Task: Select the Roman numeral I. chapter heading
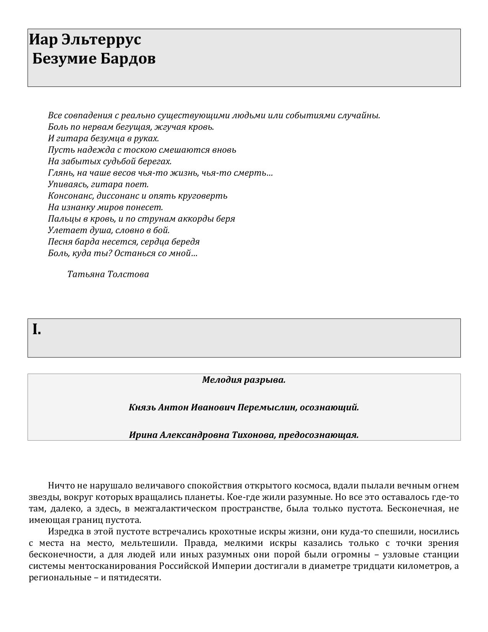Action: (37, 330)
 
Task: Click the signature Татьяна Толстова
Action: (108, 274)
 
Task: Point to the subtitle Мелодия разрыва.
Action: (244, 380)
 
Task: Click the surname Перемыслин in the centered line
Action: (267, 408)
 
